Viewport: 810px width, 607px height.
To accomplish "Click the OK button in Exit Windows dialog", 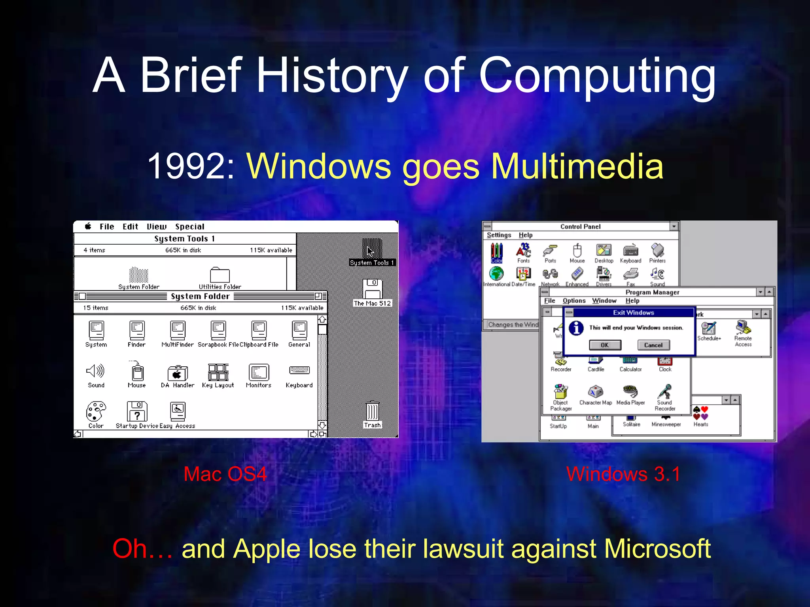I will [605, 345].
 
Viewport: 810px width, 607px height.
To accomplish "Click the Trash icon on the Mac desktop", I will [372, 412].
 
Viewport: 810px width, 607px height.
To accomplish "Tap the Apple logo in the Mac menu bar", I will [88, 226].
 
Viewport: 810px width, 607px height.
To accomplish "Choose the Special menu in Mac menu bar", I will [189, 226].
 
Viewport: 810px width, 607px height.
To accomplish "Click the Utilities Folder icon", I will [220, 275].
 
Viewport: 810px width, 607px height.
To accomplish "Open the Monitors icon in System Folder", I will [259, 372].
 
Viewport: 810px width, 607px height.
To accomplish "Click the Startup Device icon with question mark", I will [137, 412].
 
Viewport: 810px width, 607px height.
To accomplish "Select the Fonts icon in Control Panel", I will [523, 251].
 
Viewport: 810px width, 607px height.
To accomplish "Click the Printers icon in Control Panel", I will [657, 251].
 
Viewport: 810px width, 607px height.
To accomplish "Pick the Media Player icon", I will [630, 392].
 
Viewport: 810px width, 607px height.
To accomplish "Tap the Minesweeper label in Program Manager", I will [666, 424].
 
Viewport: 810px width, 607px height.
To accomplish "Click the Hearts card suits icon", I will [700, 413].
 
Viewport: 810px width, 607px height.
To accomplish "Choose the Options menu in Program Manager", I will [574, 301].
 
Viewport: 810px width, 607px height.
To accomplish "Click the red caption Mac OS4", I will [225, 474].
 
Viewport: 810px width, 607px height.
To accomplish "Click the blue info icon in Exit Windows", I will [576, 328].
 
